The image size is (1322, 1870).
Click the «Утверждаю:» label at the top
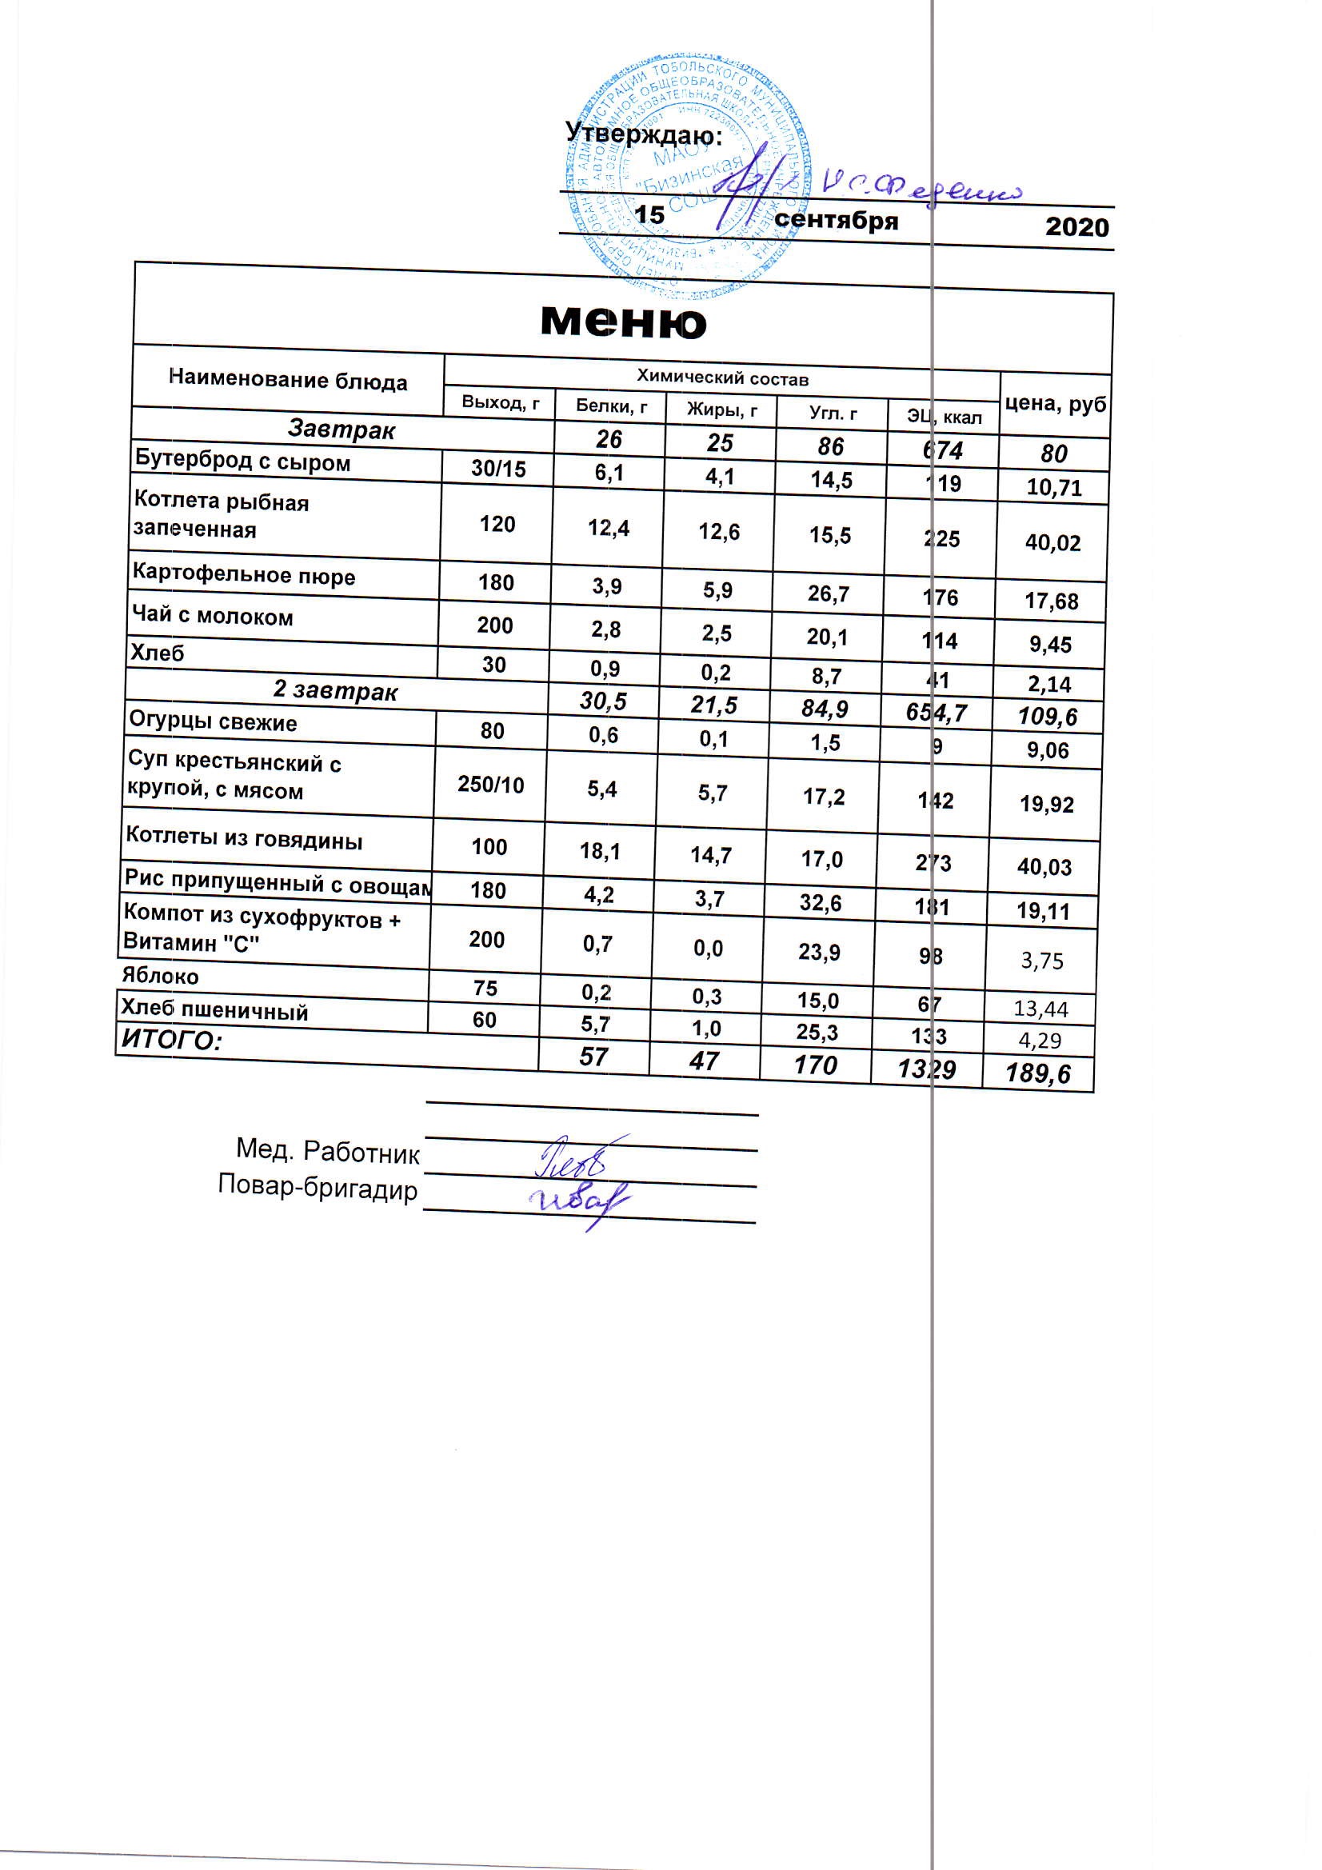(x=644, y=134)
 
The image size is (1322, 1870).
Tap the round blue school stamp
(x=685, y=175)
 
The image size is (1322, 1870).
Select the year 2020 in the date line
(x=1076, y=226)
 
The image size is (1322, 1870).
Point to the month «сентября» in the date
(x=837, y=220)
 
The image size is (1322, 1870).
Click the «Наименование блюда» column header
(x=288, y=380)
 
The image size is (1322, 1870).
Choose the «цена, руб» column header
(x=1056, y=404)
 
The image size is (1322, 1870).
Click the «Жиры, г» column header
(x=721, y=410)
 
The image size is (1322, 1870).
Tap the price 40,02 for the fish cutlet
(x=1052, y=542)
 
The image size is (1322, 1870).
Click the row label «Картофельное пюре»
(x=244, y=576)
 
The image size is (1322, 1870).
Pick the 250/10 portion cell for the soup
(x=490, y=785)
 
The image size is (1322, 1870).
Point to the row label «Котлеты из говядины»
(x=244, y=839)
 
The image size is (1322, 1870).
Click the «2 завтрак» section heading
(x=335, y=691)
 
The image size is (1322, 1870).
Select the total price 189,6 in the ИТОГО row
(x=1039, y=1073)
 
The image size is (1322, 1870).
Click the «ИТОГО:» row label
(x=171, y=1039)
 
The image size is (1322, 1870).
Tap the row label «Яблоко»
(x=160, y=976)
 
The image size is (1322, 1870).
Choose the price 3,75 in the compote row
(x=1042, y=961)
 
